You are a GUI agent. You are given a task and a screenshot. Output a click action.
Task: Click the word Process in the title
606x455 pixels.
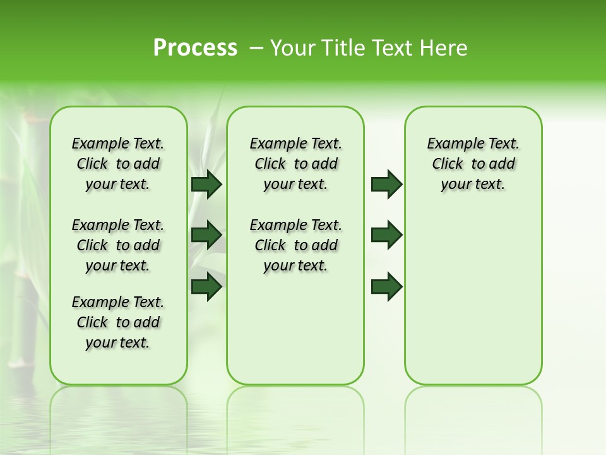pyautogui.click(x=195, y=48)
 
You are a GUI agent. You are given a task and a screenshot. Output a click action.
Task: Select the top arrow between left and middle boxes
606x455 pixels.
pyautogui.click(x=206, y=185)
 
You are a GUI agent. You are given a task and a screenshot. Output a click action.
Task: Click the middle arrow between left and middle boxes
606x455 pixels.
pyautogui.click(x=206, y=235)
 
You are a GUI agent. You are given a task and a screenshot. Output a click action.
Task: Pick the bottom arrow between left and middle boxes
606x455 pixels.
pyautogui.click(x=206, y=287)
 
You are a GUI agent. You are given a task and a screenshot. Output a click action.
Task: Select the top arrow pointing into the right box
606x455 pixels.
pyautogui.click(x=386, y=185)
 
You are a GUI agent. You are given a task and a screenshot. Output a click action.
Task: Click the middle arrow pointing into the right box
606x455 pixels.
pyautogui.click(x=386, y=235)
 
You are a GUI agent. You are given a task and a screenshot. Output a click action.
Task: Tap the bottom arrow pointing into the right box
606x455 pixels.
pyautogui.click(x=386, y=287)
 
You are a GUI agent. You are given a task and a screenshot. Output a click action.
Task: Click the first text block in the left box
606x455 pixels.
pyautogui.click(x=118, y=164)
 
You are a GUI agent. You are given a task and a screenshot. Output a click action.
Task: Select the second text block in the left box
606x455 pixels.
pyautogui.click(x=118, y=245)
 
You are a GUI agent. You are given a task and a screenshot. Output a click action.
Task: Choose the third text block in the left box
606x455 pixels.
pyautogui.click(x=118, y=322)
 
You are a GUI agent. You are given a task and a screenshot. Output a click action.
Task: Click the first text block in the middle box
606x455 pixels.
pyautogui.click(x=295, y=164)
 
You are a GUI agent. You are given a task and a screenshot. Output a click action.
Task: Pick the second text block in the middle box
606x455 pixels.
pyautogui.click(x=295, y=245)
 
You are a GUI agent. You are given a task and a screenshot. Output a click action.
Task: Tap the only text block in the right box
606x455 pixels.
pyautogui.click(x=473, y=164)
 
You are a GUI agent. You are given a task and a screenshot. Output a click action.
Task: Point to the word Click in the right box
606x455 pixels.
pyautogui.click(x=448, y=164)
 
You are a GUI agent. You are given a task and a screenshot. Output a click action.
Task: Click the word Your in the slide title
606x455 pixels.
pyautogui.click(x=293, y=48)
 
